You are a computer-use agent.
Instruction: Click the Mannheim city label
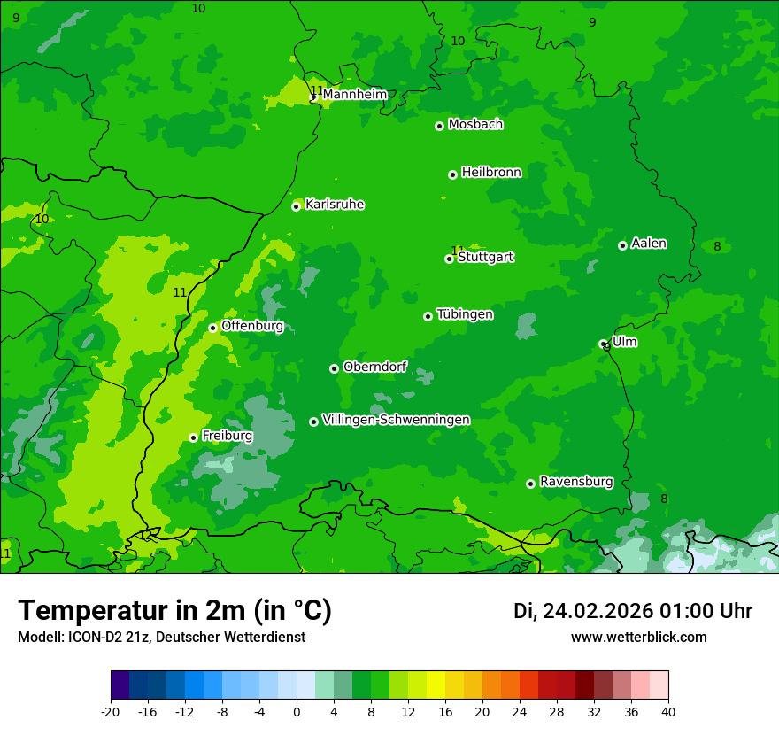(x=355, y=95)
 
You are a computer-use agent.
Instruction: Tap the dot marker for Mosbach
(x=439, y=126)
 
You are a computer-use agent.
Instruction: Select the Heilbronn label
(x=491, y=173)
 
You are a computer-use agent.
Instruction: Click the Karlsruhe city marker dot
(x=296, y=206)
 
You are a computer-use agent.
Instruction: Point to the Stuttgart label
(x=485, y=258)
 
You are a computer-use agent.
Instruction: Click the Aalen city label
(x=649, y=244)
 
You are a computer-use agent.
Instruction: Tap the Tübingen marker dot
(x=428, y=316)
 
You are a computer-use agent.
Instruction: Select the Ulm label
(x=624, y=342)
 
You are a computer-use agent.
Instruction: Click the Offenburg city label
(x=252, y=326)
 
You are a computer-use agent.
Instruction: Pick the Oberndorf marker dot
(x=334, y=368)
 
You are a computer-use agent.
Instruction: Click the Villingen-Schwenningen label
(x=396, y=420)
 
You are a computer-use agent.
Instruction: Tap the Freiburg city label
(x=227, y=436)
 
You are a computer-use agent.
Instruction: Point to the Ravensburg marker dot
(x=530, y=484)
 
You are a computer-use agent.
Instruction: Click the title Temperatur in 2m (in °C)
(x=174, y=611)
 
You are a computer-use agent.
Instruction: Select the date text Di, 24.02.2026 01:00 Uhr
(x=633, y=611)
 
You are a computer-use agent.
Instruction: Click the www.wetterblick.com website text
(x=638, y=638)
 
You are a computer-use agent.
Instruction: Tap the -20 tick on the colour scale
(x=111, y=711)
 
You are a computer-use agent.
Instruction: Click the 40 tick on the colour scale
(x=667, y=711)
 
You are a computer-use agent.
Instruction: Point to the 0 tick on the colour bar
(x=297, y=711)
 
